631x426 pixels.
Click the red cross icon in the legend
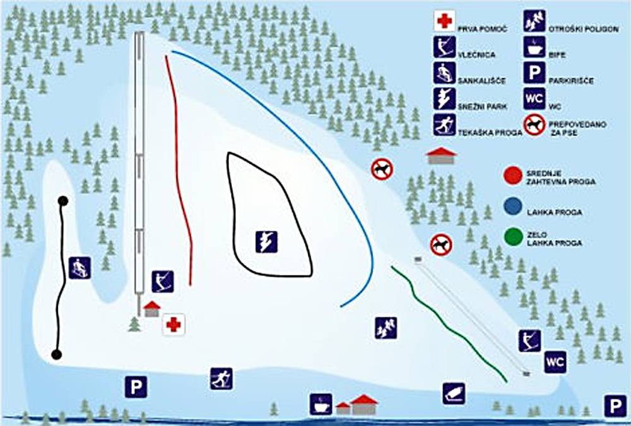(444, 21)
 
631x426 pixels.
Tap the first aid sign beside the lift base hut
(174, 325)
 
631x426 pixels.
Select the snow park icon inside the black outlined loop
(266, 241)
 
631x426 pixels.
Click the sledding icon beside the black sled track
(80, 268)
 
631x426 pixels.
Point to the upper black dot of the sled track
(62, 201)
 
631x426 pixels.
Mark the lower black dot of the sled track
(57, 354)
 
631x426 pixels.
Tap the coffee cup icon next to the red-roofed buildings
(321, 404)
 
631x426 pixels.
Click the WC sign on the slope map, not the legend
(555, 362)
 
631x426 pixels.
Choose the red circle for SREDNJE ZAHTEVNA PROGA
(513, 176)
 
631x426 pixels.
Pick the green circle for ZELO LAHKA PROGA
(513, 237)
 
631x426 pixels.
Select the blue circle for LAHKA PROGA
(513, 207)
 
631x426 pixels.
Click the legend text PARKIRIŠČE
(571, 81)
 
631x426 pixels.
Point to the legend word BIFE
(557, 55)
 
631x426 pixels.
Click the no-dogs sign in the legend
(534, 125)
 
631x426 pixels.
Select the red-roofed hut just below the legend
(442, 156)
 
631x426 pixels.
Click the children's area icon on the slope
(386, 328)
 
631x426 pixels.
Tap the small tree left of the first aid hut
(134, 324)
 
